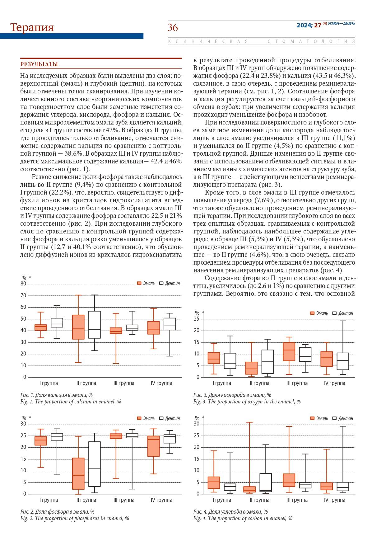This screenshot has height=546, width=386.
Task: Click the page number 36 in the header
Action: [x=173, y=28]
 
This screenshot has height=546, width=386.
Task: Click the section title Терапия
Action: [x=32, y=27]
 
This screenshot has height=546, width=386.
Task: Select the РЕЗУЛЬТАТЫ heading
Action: [x=39, y=64]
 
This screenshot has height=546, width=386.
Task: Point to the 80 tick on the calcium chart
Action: [x=23, y=284]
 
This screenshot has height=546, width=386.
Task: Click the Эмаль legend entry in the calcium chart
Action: [x=146, y=283]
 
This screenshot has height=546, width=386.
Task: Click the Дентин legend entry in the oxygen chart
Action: [x=343, y=313]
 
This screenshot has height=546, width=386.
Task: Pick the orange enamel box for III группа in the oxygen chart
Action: [x=289, y=351]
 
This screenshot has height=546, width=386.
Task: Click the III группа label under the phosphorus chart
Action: [x=124, y=500]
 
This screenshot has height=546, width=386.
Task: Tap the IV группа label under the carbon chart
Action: [x=335, y=500]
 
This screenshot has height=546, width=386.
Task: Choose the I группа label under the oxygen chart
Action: [x=222, y=383]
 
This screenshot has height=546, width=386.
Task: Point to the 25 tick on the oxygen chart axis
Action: [x=197, y=319]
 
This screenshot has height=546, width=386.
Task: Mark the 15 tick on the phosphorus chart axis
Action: [x=23, y=459]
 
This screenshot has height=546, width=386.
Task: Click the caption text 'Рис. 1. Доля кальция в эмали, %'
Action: [x=57, y=395]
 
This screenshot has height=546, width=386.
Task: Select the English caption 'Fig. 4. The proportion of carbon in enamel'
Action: [x=243, y=518]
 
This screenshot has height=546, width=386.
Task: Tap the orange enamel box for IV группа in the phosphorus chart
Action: [x=153, y=446]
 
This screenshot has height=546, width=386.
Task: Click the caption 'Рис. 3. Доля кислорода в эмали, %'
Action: [x=232, y=395]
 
